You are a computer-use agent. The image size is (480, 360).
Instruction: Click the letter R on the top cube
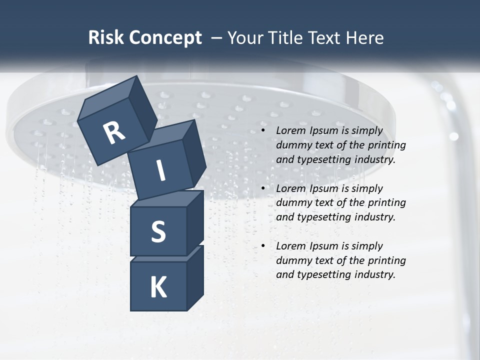[114, 133]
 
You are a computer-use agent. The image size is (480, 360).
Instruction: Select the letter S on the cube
[158, 231]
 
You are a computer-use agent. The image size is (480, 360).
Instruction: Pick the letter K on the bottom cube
[158, 287]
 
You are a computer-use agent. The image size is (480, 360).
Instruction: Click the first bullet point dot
[263, 131]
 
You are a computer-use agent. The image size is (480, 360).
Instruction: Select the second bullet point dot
[263, 189]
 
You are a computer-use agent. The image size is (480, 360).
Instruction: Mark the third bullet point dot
[263, 246]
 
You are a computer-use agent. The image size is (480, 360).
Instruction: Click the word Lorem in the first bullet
[290, 131]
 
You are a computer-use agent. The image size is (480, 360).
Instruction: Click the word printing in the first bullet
[387, 145]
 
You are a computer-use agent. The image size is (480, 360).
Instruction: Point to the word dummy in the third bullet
[292, 260]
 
